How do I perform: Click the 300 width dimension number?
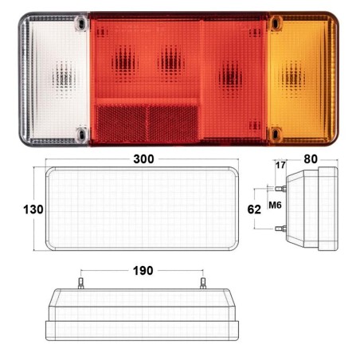click(x=143, y=158)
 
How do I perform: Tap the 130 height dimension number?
click(x=33, y=209)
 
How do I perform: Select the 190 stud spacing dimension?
click(x=143, y=271)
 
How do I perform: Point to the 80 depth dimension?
click(x=311, y=158)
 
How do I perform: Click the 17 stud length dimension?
click(x=280, y=165)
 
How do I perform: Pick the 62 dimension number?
click(x=254, y=209)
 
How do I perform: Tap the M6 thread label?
click(x=275, y=205)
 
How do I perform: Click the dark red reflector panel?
click(x=147, y=123)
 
